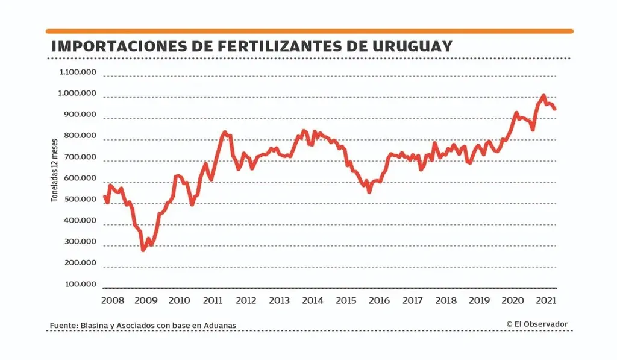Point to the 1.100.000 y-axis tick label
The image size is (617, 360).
coord(78,72)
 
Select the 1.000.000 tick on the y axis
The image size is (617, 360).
coord(78,93)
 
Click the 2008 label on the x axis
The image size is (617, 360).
coord(113,300)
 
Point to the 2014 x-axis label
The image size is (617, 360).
coord(312,300)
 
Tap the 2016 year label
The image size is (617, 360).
coord(379,300)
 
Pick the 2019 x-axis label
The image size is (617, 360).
coord(478,300)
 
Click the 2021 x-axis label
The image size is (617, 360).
coord(545,300)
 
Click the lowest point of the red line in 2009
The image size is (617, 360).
coord(143,249)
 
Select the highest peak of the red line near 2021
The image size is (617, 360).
coord(543,96)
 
